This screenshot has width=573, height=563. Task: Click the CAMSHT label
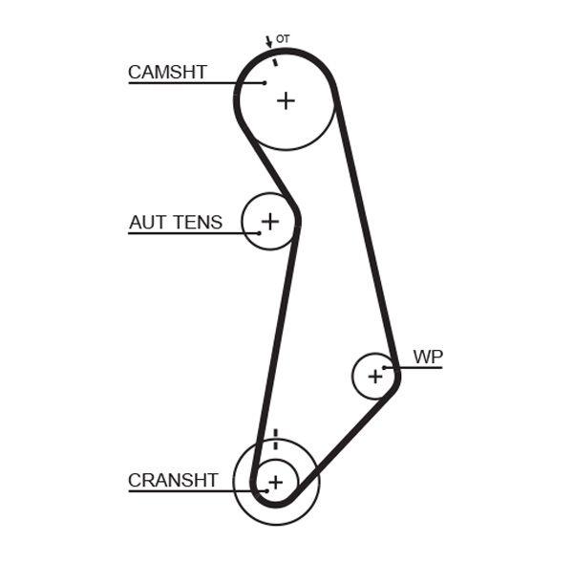pos(167,73)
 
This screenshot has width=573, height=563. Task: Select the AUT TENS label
pos(176,223)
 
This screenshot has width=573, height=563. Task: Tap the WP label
pos(428,357)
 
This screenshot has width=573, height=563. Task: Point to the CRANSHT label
pos(173,481)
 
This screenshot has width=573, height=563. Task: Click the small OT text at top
pos(283,39)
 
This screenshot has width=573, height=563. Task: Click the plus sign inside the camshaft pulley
pos(286,100)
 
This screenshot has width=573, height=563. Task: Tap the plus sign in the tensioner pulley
pos(270,222)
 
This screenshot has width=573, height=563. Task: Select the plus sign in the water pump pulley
pos(374,377)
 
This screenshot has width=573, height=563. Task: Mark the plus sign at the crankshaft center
pos(275,483)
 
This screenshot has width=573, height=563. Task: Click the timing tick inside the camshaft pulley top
pos(275,61)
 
